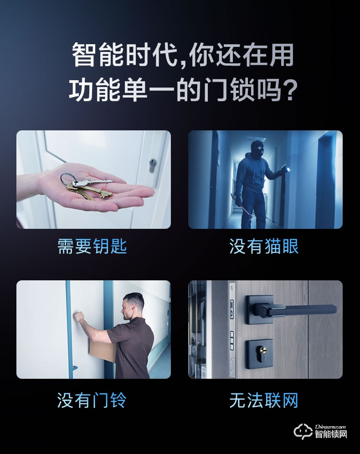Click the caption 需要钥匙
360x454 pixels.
pos(92,247)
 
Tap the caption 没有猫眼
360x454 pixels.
pos(264,247)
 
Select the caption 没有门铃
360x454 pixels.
pos(92,401)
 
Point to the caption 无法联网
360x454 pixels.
pos(264,401)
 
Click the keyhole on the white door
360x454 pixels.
pos(152,165)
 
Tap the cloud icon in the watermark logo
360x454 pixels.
pos(304,431)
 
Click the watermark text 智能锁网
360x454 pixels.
pos(331,434)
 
